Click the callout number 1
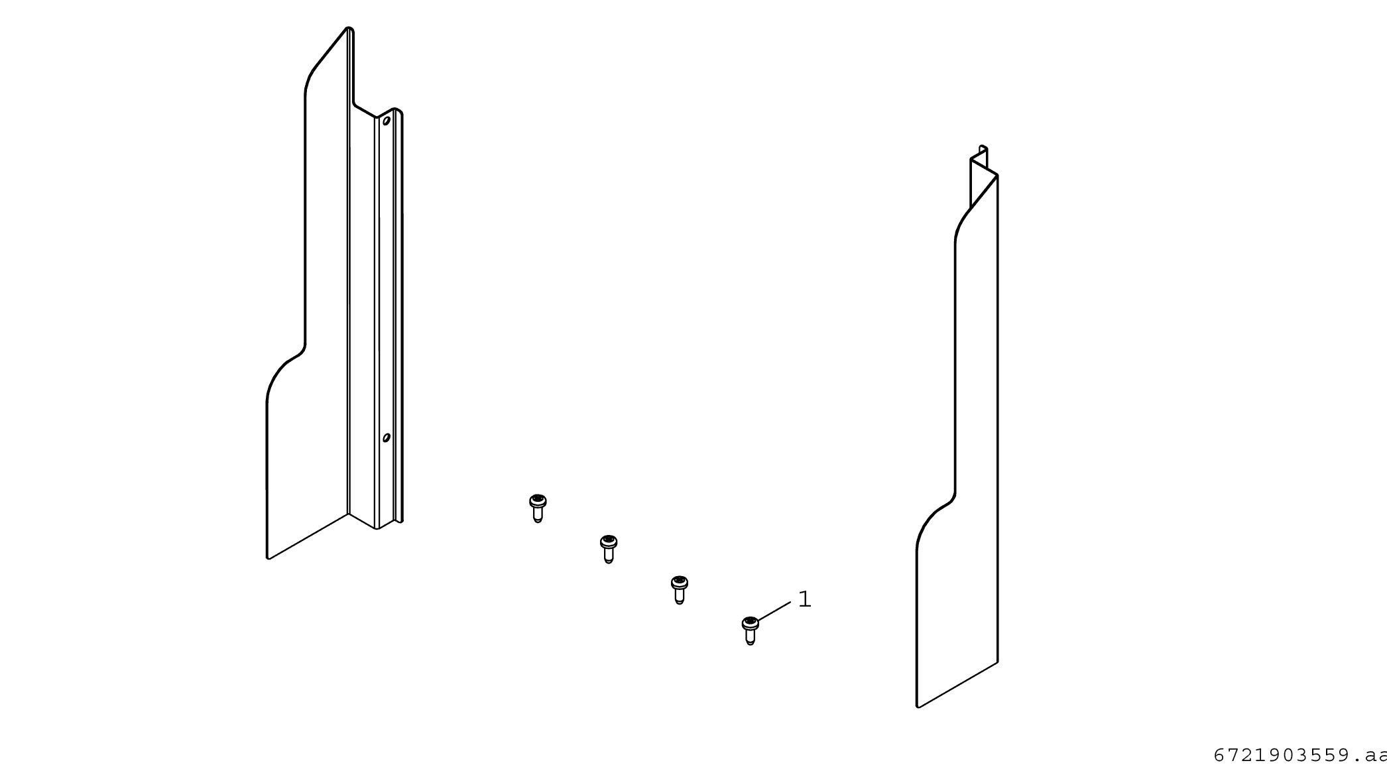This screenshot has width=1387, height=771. point(804,599)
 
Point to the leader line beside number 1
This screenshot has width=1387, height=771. point(774,611)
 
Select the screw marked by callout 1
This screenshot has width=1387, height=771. point(751,630)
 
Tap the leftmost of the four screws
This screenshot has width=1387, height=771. point(538,508)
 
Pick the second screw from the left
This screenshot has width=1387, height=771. point(609,549)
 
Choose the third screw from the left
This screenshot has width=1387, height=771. point(680,590)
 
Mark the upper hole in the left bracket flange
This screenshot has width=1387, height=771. point(387,121)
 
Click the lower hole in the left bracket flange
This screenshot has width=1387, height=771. point(387,438)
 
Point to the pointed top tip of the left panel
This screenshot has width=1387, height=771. point(349,28)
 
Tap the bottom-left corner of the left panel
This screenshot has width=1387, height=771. point(268,558)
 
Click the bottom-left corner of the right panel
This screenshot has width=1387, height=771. point(918,707)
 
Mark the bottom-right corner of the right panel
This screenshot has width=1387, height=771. point(997,662)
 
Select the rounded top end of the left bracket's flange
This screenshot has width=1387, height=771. point(396,111)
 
